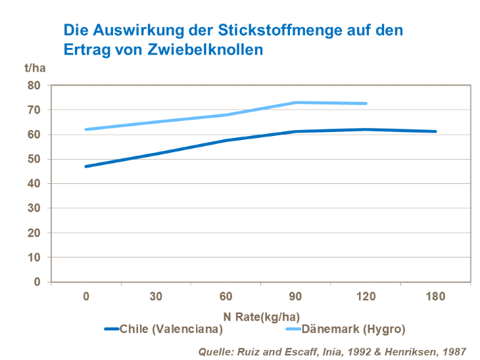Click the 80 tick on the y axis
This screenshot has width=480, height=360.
coord(34,85)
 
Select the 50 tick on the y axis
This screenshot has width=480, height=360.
coord(34,159)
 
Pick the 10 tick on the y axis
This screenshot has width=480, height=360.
coord(34,258)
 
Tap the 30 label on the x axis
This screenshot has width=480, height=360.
coord(156,296)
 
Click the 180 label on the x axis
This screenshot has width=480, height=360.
coord(435,296)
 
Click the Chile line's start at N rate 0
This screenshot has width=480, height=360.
coord(86,166)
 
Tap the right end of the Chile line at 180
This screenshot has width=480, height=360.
coord(435,131)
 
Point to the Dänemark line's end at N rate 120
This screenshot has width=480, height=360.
coord(366,103)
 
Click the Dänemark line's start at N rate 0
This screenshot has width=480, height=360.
coord(86,129)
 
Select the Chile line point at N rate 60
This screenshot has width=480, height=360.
coord(226,141)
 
